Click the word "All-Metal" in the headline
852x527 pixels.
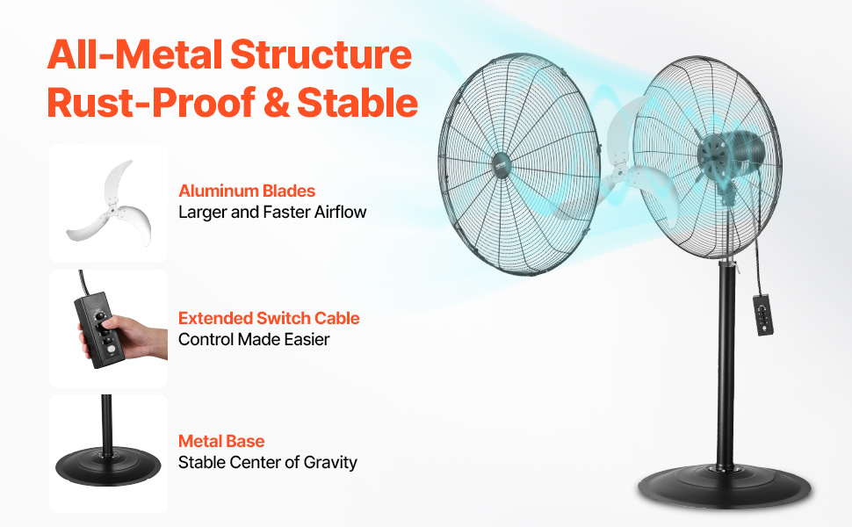click(x=131, y=54)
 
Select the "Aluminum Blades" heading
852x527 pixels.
click(x=247, y=191)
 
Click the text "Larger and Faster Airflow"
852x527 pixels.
click(x=272, y=212)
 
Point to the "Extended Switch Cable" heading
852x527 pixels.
click(x=269, y=318)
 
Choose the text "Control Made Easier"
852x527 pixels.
click(x=254, y=339)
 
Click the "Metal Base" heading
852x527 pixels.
click(x=221, y=441)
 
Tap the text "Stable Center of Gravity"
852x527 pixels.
click(x=268, y=462)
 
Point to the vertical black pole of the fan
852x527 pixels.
click(x=726, y=369)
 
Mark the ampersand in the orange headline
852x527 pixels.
click(x=275, y=102)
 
